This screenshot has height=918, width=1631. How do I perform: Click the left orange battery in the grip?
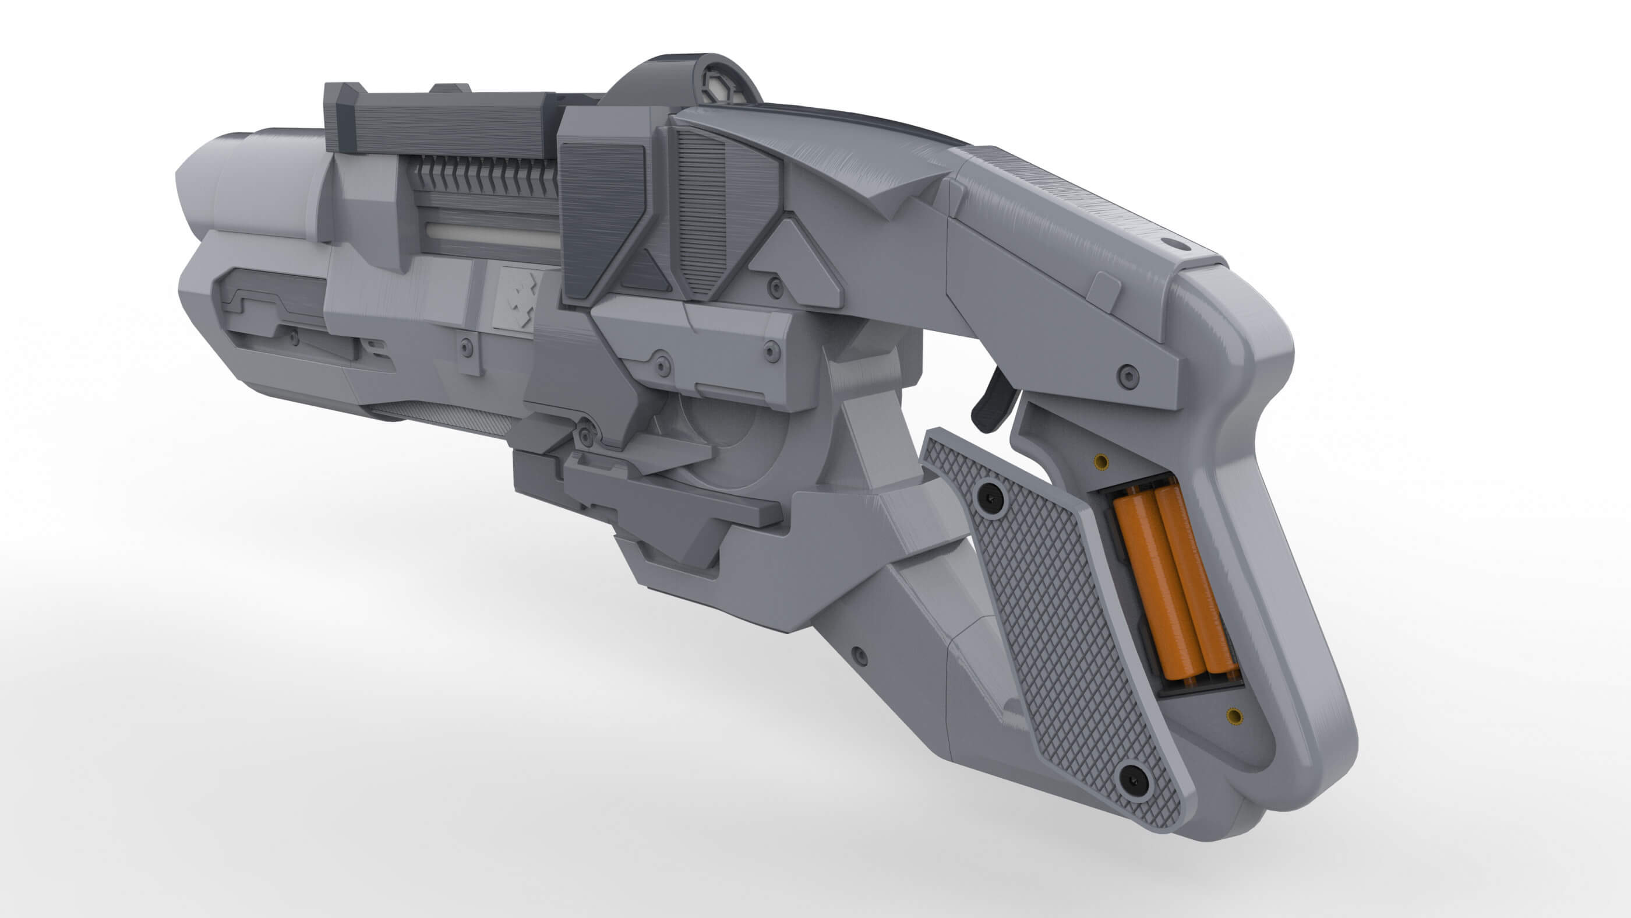(x=1148, y=586)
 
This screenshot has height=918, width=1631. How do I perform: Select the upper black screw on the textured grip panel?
(x=990, y=498)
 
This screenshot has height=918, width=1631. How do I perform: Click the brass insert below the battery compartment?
(x=1234, y=716)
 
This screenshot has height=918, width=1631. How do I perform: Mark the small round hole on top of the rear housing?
(x=1174, y=243)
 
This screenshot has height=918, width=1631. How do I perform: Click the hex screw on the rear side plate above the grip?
(x=1128, y=377)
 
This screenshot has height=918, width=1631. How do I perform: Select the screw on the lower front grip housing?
(x=859, y=655)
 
